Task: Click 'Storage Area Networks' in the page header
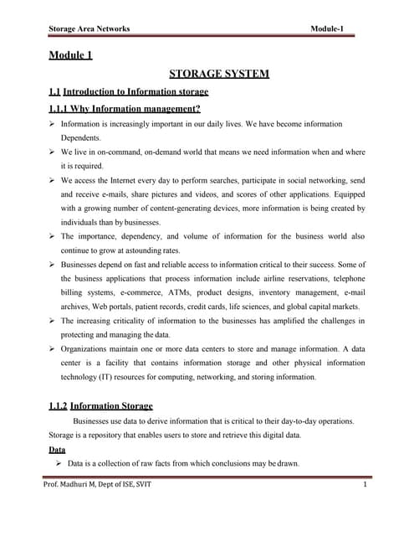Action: point(89,29)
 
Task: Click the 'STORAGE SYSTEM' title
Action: point(218,74)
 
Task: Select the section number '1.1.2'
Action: point(59,406)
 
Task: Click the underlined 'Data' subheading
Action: point(57,449)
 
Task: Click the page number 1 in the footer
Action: point(365,487)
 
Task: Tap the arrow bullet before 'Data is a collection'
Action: point(58,463)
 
